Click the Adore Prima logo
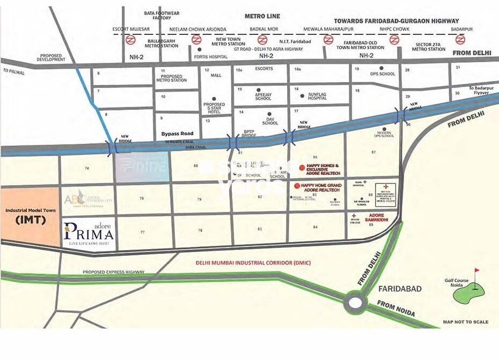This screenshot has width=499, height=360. (89, 233)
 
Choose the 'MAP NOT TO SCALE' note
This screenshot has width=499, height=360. (465, 322)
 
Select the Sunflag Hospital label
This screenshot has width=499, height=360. (309, 96)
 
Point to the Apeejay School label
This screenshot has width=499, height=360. (263, 96)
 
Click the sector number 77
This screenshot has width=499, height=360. (142, 232)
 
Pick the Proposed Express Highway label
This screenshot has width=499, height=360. (113, 272)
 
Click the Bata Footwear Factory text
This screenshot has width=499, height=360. (157, 15)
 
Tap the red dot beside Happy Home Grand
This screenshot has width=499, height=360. (297, 185)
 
